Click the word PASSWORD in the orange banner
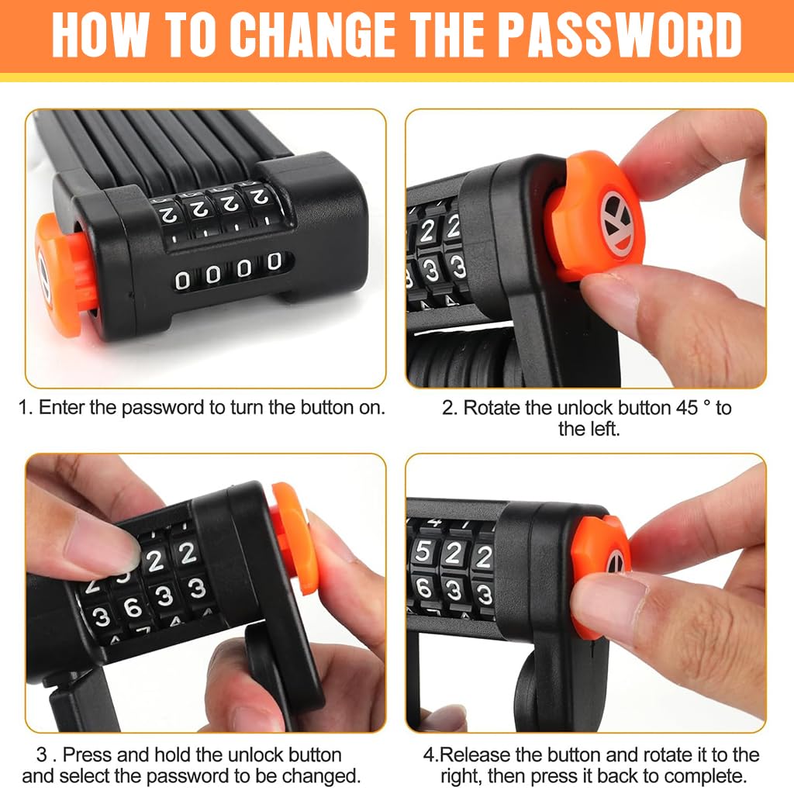pyautogui.click(x=620, y=35)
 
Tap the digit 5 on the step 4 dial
pyautogui.click(x=423, y=551)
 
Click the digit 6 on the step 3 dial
pyautogui.click(x=132, y=607)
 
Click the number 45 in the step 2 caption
pyautogui.click(x=687, y=408)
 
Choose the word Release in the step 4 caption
pyautogui.click(x=474, y=754)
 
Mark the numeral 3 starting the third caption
pyautogui.click(x=42, y=755)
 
